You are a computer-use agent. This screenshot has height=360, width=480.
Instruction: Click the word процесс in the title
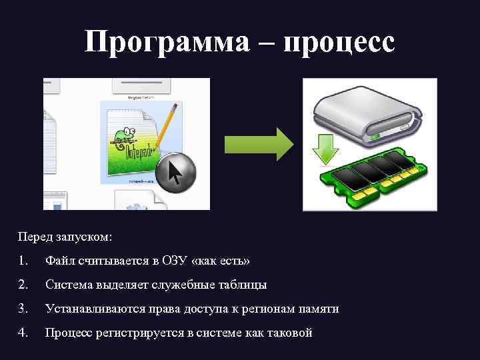coord(339,42)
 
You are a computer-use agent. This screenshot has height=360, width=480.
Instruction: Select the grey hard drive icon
coord(367,117)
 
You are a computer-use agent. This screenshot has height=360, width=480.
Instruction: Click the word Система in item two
coord(68,285)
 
